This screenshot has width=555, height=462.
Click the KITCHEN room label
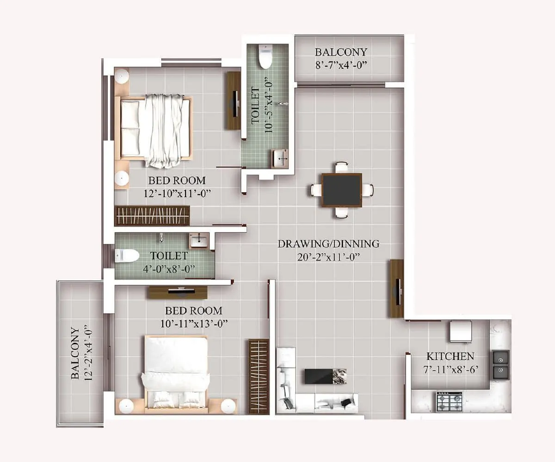point(450,356)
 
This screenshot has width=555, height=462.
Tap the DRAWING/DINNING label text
point(328,243)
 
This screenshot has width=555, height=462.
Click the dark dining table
point(342,190)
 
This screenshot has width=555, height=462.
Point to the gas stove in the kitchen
point(449,401)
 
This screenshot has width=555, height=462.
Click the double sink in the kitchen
point(500,364)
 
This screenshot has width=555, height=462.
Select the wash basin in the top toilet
point(280,158)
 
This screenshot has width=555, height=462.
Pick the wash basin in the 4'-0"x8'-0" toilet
point(199,240)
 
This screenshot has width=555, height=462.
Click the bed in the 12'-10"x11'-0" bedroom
point(154,129)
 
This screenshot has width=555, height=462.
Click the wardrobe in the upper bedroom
point(152,216)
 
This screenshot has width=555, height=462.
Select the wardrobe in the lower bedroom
point(259,376)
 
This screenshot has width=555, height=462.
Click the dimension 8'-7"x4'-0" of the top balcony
point(341,65)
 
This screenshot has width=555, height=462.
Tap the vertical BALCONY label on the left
point(75,353)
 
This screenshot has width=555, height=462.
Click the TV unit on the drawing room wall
point(396,288)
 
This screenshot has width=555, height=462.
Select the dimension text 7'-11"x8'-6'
point(450,369)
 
